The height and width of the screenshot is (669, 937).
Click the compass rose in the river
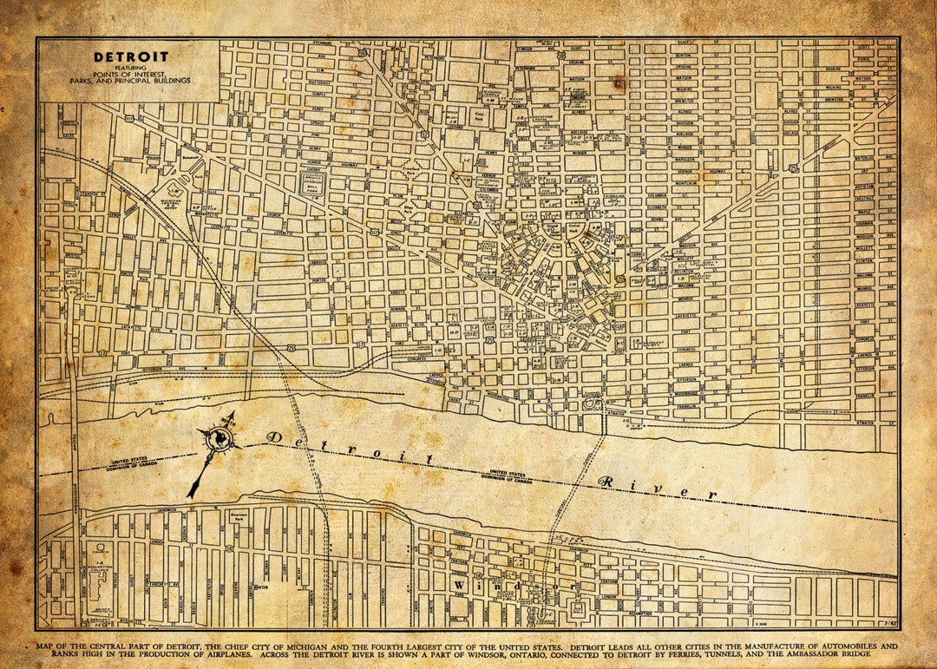click(x=222, y=439)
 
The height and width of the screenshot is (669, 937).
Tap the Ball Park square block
click(x=313, y=183)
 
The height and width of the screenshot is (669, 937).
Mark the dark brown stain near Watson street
click(x=619, y=82)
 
